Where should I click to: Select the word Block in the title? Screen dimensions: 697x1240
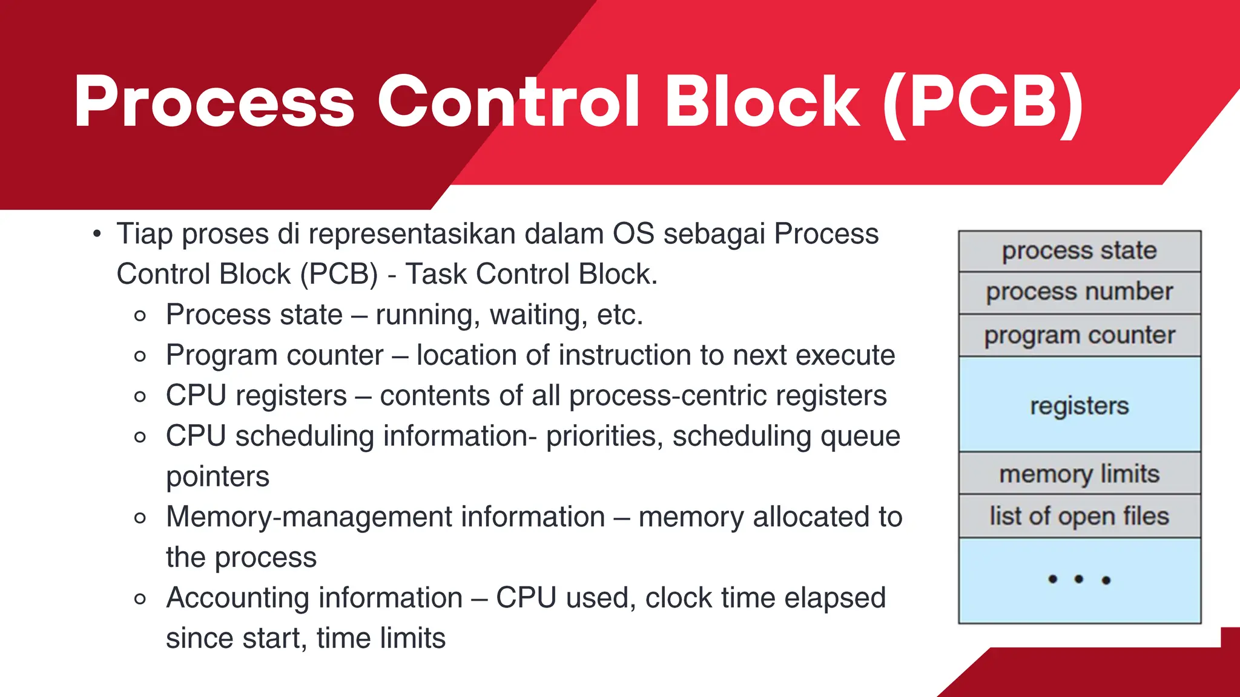point(762,102)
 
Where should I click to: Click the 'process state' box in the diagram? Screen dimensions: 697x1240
point(1079,250)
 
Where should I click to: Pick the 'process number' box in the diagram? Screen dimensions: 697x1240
point(1079,292)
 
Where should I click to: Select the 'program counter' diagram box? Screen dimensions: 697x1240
point(1079,335)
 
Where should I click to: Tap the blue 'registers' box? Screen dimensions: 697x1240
point(1079,404)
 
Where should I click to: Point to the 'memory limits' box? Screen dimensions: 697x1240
point(1079,473)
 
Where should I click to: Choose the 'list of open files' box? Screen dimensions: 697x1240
point(1079,516)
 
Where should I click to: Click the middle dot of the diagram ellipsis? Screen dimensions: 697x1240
point(1078,580)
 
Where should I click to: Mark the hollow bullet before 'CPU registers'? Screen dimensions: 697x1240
point(140,397)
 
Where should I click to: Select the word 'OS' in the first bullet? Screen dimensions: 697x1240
point(633,234)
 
